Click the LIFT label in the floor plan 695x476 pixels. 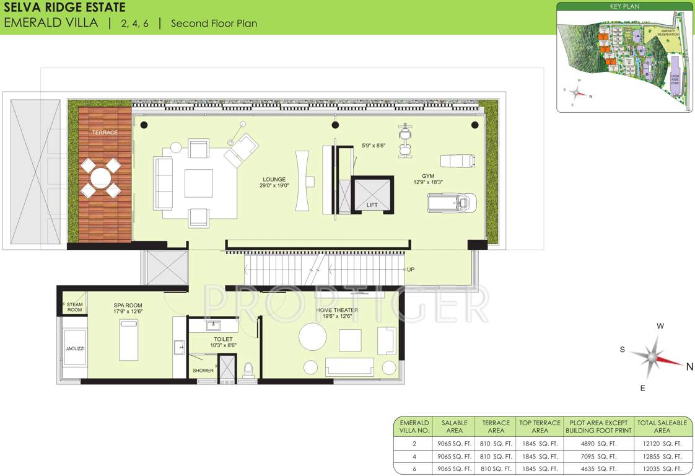click(372, 205)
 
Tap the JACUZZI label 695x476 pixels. click(74, 349)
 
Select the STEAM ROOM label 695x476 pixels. click(74, 307)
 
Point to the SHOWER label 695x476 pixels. click(203, 371)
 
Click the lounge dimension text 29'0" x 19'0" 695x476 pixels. click(274, 185)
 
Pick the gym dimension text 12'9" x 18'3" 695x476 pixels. click(428, 182)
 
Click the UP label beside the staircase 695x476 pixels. click(411, 270)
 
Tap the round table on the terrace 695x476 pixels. click(101, 177)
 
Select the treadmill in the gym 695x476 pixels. click(452, 203)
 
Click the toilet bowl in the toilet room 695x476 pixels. click(249, 369)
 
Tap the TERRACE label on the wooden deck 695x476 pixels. click(105, 133)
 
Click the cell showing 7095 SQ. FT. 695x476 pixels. click(598, 456)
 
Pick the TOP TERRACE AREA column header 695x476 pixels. click(540, 426)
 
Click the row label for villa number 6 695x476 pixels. click(414, 469)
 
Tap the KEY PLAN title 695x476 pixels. click(624, 7)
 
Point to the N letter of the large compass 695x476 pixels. click(689, 366)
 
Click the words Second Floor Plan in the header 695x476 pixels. click(214, 24)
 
